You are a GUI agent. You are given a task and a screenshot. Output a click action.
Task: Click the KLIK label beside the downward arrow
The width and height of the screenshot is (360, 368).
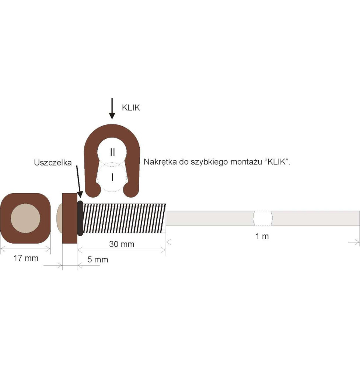(x=131, y=108)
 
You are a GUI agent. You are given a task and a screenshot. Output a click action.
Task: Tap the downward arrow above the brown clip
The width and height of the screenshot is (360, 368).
(x=112, y=109)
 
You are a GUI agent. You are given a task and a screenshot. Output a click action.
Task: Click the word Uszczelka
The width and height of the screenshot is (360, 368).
(x=53, y=163)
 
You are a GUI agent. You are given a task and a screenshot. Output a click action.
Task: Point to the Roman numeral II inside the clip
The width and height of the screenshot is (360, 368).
(x=112, y=152)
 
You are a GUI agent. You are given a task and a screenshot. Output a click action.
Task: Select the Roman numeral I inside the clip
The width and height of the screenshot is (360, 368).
(x=112, y=177)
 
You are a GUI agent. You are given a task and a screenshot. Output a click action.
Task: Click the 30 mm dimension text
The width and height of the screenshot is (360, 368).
(x=122, y=244)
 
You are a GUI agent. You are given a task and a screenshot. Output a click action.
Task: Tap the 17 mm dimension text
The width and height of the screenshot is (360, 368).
(x=26, y=258)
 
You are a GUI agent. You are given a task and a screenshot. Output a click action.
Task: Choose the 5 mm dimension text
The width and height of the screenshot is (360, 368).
(x=98, y=259)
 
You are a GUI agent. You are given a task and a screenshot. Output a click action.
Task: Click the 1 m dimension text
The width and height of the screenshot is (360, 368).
(x=262, y=236)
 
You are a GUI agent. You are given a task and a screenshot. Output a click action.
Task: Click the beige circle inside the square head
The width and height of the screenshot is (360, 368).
(x=25, y=218)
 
